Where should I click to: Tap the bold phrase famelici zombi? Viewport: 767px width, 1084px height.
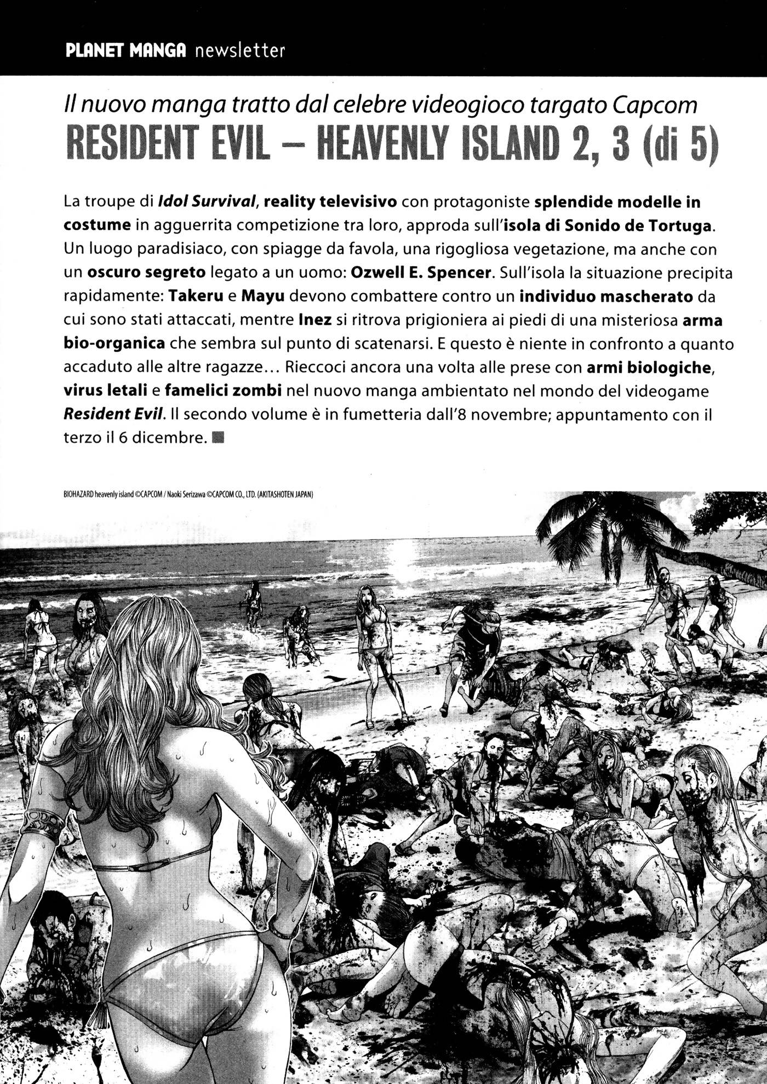[223, 391]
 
